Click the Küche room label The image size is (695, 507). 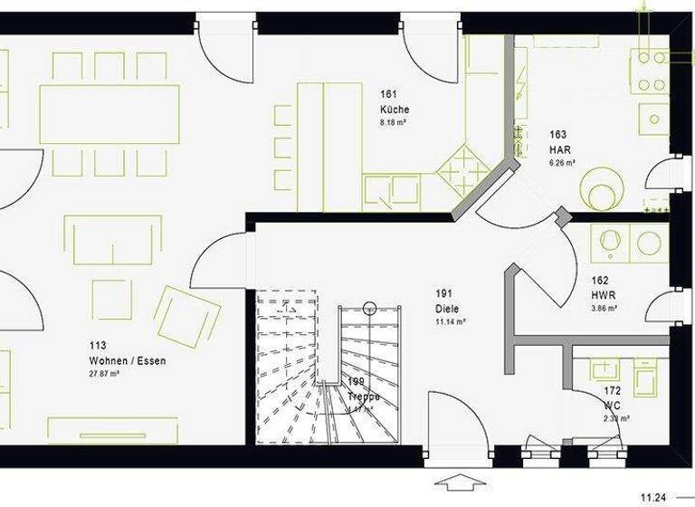coord(395,110)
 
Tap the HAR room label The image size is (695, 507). coord(557,149)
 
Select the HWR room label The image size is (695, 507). coord(604,295)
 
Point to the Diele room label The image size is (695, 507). coord(450,308)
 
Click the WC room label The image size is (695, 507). coord(613,405)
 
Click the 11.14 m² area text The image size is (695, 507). coord(450,321)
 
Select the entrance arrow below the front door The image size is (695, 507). coord(459,481)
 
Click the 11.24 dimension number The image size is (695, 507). coord(654,497)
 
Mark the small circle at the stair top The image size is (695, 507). coord(369,308)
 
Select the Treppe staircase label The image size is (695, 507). coord(364,397)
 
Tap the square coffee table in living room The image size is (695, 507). coord(111,300)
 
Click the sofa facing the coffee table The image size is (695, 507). coord(113,239)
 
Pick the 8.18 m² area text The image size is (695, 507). coord(393,122)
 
